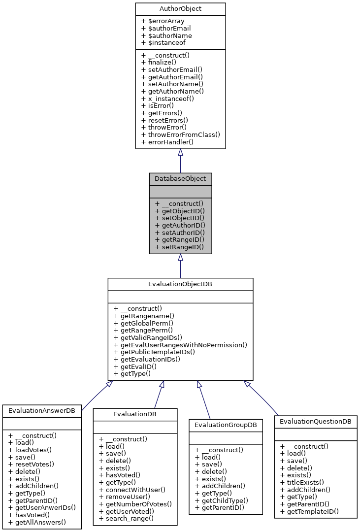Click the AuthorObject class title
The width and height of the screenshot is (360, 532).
[x=180, y=9]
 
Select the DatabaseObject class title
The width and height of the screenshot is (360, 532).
[x=180, y=178]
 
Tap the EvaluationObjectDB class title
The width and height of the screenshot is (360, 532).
[x=180, y=284]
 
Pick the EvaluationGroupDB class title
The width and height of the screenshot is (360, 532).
[x=226, y=425]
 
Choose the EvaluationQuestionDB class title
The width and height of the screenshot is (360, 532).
[x=316, y=422]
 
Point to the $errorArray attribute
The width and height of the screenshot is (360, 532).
[x=163, y=21]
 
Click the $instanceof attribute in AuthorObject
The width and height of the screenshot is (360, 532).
[x=163, y=43]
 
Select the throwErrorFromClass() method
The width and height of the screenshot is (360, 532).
[x=180, y=134]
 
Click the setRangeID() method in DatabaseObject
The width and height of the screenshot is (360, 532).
[x=179, y=246]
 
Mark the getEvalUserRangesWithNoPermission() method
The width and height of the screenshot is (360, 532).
[x=180, y=345]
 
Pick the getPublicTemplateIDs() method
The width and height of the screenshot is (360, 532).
[x=154, y=352]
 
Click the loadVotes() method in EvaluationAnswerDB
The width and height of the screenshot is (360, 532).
[x=30, y=449]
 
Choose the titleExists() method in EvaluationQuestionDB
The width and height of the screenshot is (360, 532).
[x=302, y=482]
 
